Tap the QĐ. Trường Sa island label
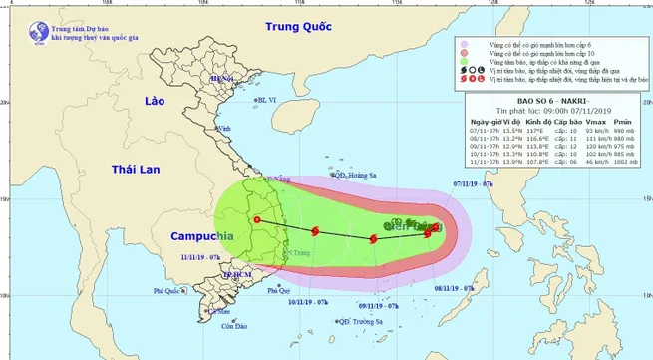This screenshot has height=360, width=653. pyautogui.click(x=361, y=321)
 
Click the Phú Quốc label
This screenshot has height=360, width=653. pyautogui.click(x=170, y=291)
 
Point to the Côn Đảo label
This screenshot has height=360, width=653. pyautogui.click(x=234, y=327)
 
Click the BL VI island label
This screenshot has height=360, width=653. pyautogui.click(x=265, y=100)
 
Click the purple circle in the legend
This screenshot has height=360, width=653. pyautogui.click(x=464, y=44)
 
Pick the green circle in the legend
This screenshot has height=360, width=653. pyautogui.click(x=464, y=62)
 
